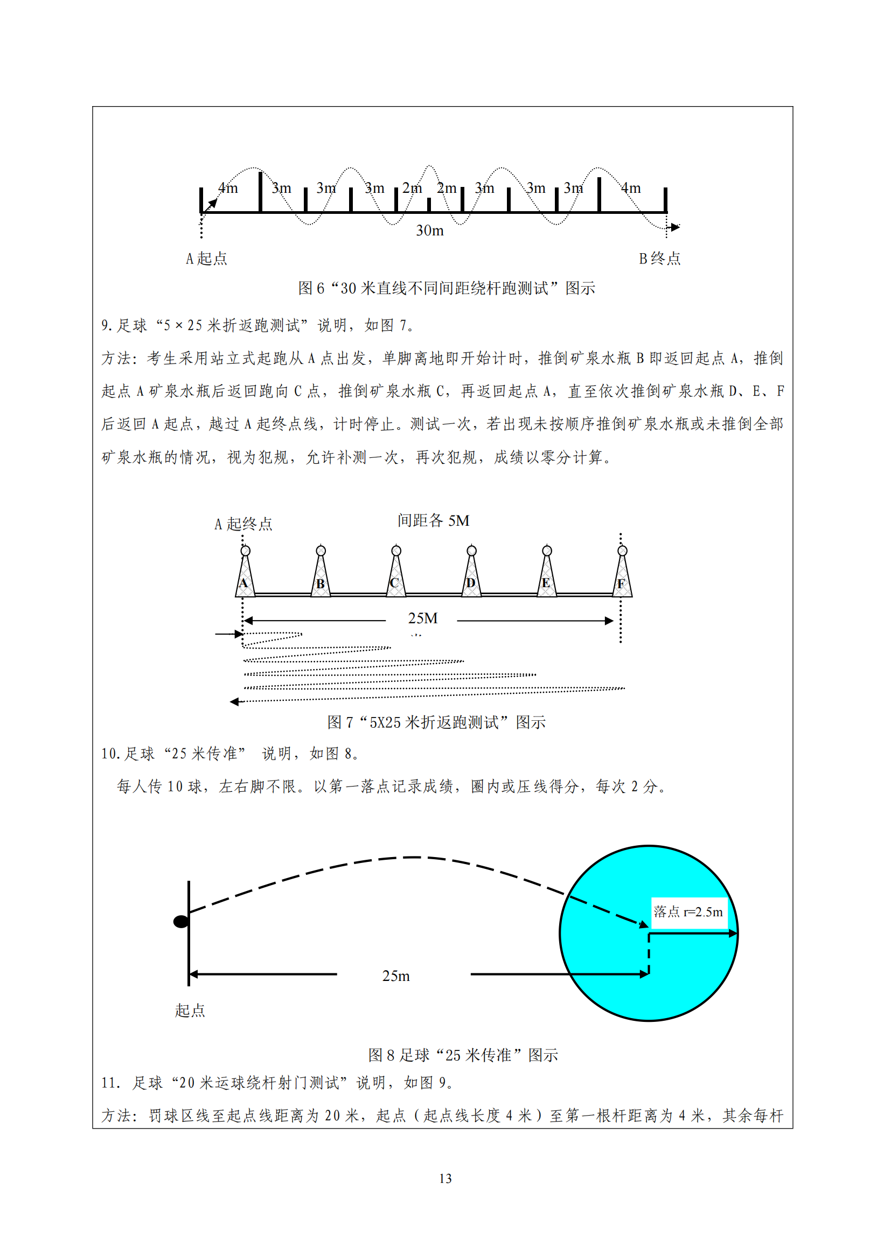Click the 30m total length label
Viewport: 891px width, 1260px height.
click(x=429, y=231)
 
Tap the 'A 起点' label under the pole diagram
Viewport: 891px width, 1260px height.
click(x=206, y=259)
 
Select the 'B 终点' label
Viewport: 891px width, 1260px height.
click(x=659, y=259)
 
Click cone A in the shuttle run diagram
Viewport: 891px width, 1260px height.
click(x=245, y=576)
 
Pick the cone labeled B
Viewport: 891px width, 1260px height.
click(x=321, y=576)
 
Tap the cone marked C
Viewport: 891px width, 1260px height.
click(x=395, y=576)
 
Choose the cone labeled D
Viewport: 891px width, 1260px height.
click(x=471, y=576)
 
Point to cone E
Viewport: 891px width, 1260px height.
click(x=546, y=576)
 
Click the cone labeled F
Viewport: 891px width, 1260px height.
click(x=622, y=576)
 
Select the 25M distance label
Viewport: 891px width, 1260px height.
click(x=422, y=618)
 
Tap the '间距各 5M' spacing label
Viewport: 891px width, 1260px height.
click(x=434, y=520)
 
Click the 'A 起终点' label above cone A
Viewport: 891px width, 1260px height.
click(x=243, y=524)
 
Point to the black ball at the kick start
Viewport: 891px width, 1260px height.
click(x=181, y=921)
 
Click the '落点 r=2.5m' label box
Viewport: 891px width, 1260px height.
click(x=688, y=912)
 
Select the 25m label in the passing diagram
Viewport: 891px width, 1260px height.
click(x=395, y=976)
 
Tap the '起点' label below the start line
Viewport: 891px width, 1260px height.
click(x=190, y=1010)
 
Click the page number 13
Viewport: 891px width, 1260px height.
click(x=445, y=1178)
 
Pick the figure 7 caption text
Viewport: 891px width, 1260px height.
click(x=436, y=722)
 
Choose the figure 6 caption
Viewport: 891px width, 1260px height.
click(x=447, y=288)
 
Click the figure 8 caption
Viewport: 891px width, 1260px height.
click(x=463, y=1055)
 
